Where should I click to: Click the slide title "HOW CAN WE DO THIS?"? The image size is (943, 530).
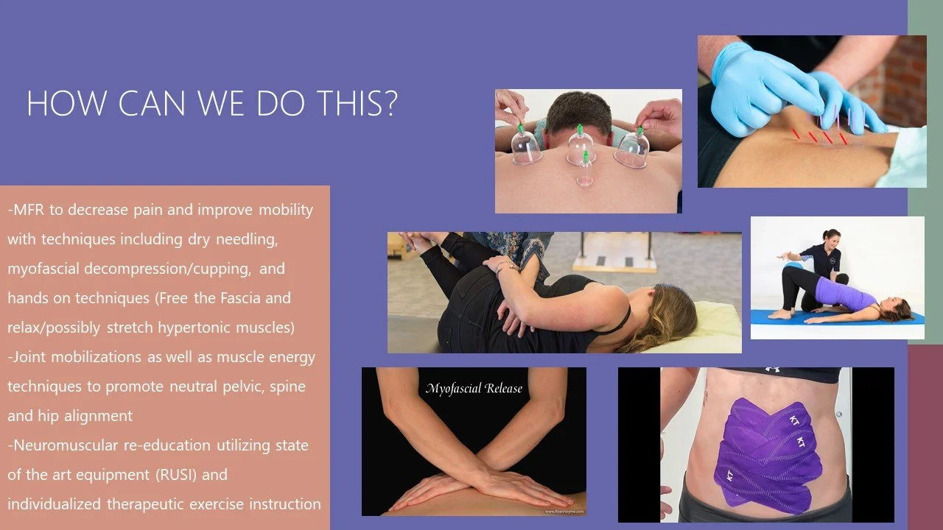212,105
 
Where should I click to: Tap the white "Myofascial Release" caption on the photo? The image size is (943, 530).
473,389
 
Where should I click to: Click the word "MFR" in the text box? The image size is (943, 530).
29,210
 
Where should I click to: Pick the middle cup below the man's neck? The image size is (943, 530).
581,146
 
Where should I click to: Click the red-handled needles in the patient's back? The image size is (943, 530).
818,136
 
